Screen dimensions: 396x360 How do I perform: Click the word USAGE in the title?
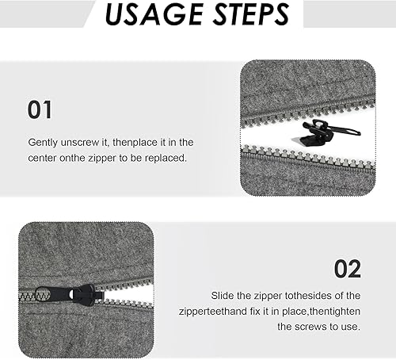tap(154, 14)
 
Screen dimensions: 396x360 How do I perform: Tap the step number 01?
tap(40, 110)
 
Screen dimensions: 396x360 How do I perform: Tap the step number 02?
tap(348, 269)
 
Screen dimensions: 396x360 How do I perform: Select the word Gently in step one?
tap(43, 143)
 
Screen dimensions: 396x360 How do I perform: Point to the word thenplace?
tap(135, 143)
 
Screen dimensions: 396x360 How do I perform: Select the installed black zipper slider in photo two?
tap(69, 295)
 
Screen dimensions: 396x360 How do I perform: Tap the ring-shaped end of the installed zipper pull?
tap(42, 294)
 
